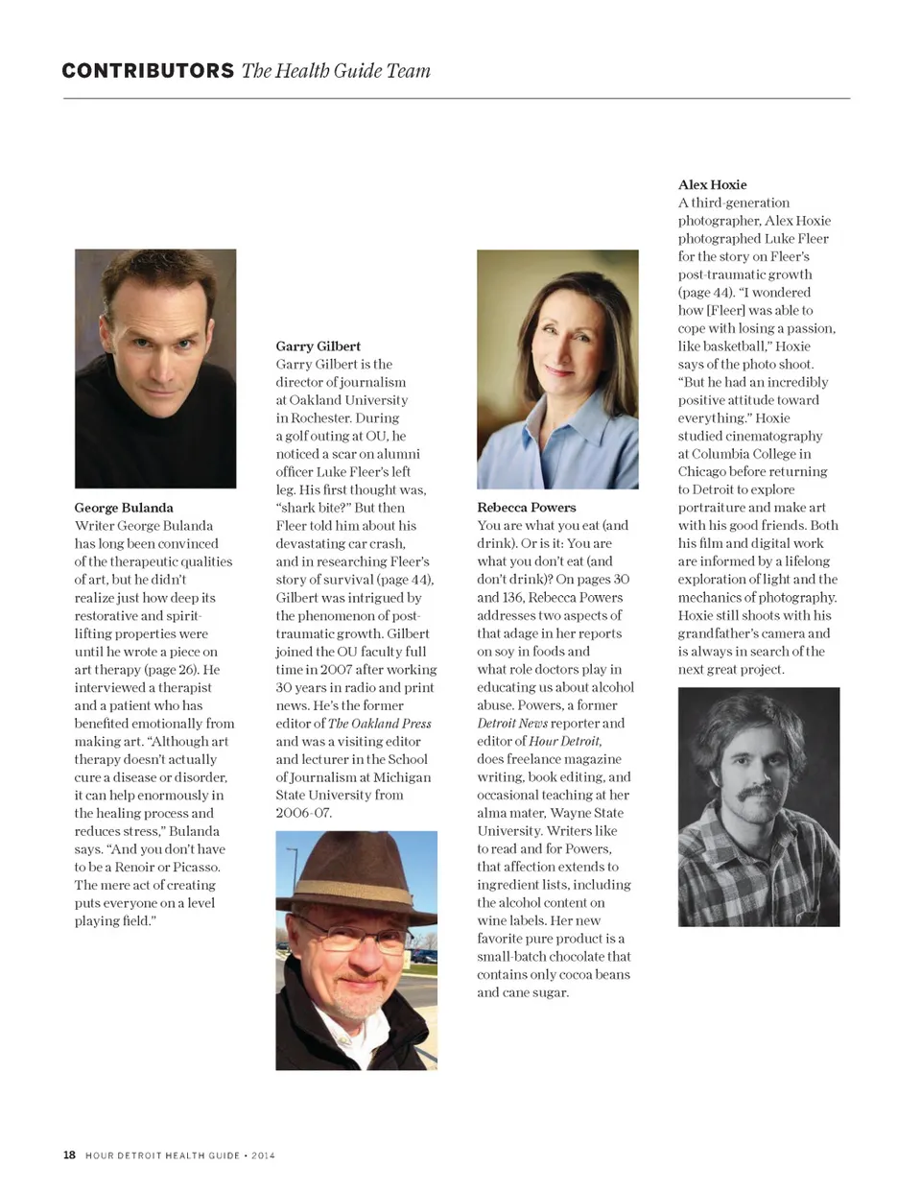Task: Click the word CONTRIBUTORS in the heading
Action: click(x=148, y=71)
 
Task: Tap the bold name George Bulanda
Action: click(x=124, y=508)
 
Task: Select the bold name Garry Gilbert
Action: click(x=318, y=346)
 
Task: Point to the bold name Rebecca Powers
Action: click(x=527, y=508)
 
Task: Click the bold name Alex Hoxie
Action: click(x=712, y=184)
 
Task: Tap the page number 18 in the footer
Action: click(x=69, y=1155)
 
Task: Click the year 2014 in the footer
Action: click(x=263, y=1155)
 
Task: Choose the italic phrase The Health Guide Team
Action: click(x=336, y=71)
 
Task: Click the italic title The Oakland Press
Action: click(x=379, y=724)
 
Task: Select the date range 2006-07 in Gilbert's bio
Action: click(x=304, y=813)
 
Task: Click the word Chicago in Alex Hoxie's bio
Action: click(x=704, y=472)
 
